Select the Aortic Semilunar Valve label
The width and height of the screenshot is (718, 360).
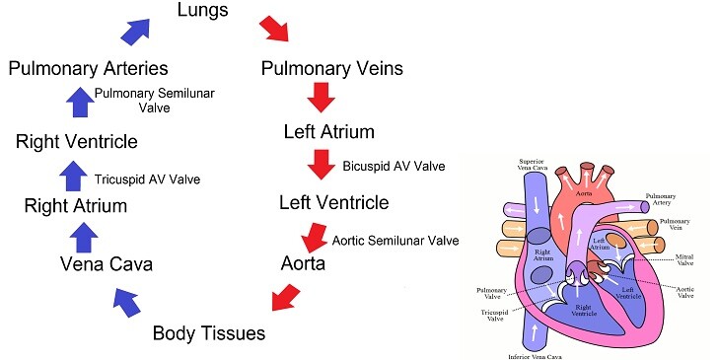[x=395, y=240]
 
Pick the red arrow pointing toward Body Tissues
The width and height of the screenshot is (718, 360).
[x=285, y=296]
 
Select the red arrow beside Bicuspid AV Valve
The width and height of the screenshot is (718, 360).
[x=321, y=164]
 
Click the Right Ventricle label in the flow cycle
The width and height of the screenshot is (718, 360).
[x=76, y=142]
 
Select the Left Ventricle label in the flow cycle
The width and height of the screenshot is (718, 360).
[x=333, y=203]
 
